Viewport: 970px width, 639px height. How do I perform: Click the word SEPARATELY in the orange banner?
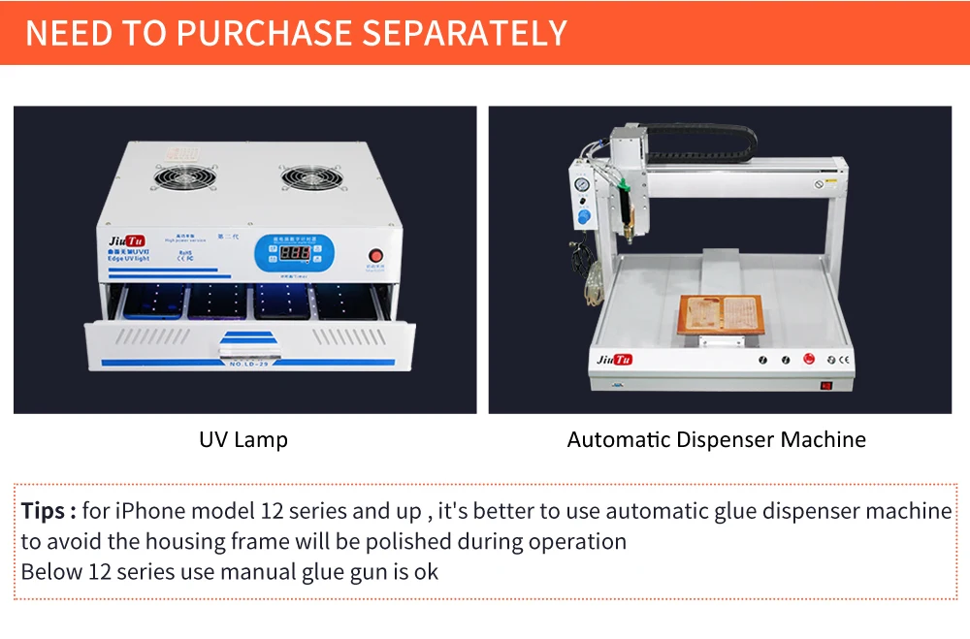coord(464,33)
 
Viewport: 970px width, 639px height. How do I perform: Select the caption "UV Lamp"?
coord(243,439)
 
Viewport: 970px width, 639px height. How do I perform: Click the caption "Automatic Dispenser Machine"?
coord(716,439)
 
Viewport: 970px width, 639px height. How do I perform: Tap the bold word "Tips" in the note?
coord(44,511)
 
